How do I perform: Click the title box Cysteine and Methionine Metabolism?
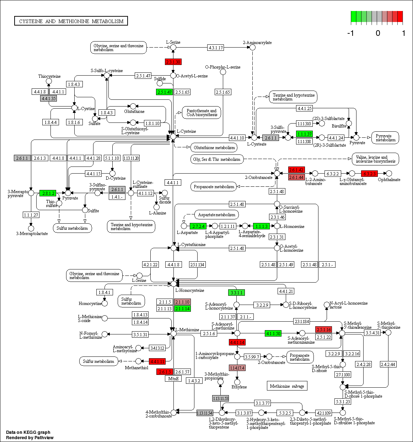pos(71,21)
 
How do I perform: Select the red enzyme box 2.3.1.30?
pos(173,62)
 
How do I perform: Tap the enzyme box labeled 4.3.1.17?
pos(216,48)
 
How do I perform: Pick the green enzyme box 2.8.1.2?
pos(48,193)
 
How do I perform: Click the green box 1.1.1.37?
pos(304,134)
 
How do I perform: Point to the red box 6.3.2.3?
pos(369,174)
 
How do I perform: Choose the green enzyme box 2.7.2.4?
pos(198,226)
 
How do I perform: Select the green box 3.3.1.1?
pos(236,293)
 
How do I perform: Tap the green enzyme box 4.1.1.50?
pos(273,333)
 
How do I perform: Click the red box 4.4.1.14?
pos(237,342)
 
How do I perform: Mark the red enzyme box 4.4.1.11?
pos(157,361)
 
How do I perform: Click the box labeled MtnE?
pos(173,378)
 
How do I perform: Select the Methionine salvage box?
pos(287,386)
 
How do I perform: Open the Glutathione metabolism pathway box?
pos(214,147)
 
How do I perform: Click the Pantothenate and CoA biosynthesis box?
pos(202,113)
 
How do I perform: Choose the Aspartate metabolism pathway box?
pos(216,214)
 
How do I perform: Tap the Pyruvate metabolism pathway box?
pos(385,138)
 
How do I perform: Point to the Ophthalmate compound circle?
pos(389,173)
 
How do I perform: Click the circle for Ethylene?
pos(237,382)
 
